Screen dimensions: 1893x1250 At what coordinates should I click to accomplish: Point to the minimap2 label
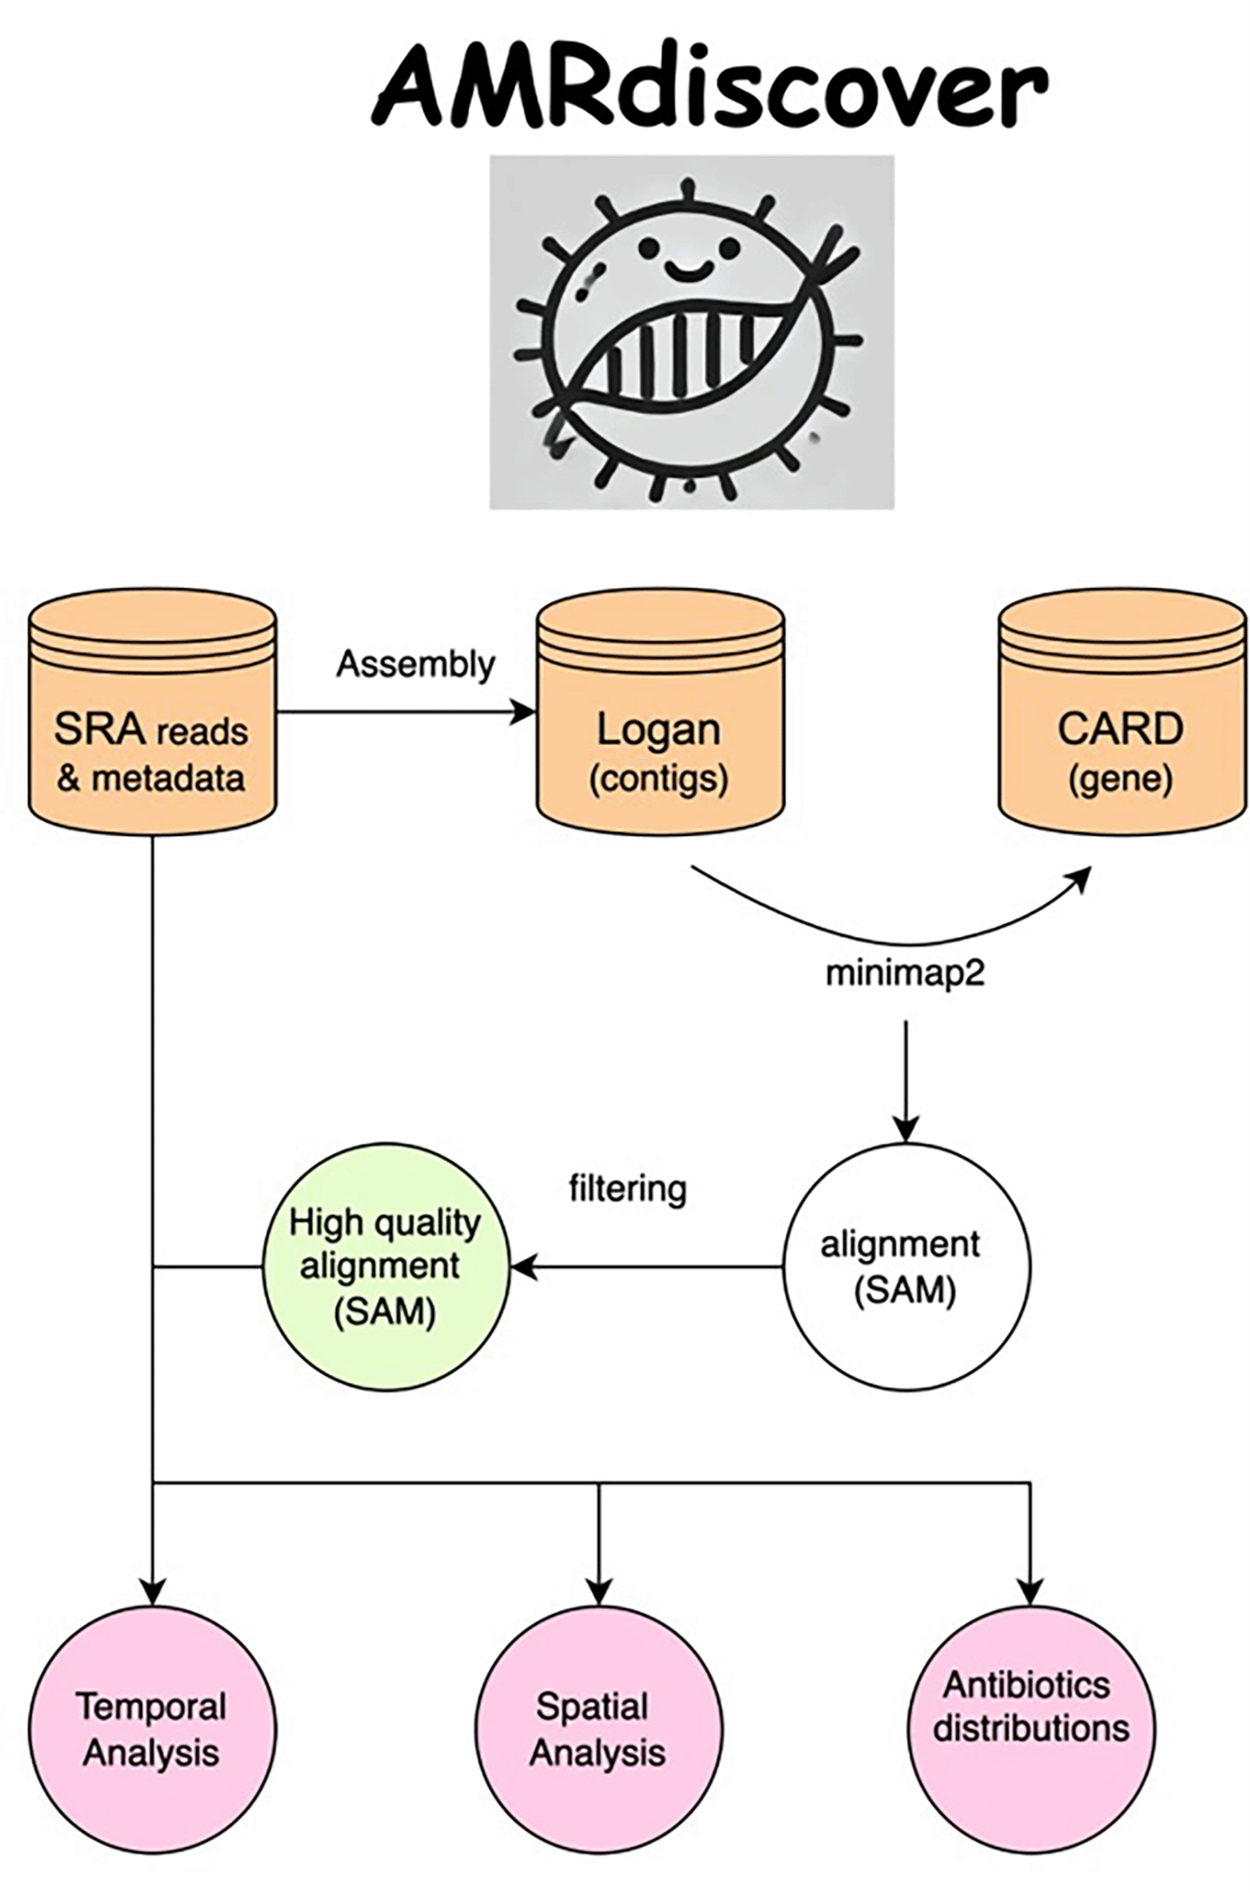[904, 973]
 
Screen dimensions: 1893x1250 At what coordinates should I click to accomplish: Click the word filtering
[627, 1189]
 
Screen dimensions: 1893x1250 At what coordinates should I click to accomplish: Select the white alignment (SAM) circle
[906, 1267]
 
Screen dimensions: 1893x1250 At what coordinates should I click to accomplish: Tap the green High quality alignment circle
[386, 1267]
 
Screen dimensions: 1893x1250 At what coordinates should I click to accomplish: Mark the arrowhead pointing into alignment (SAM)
[906, 1129]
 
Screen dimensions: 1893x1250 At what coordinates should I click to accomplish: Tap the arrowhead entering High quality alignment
[523, 1267]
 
